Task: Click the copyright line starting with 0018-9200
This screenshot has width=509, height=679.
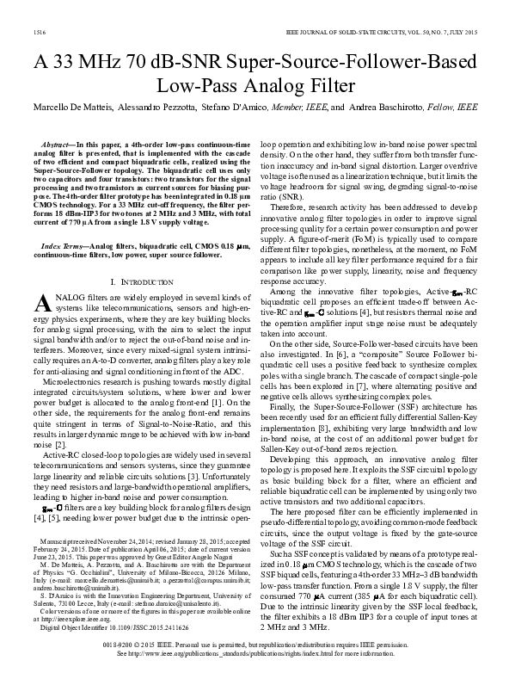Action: tap(254, 643)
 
